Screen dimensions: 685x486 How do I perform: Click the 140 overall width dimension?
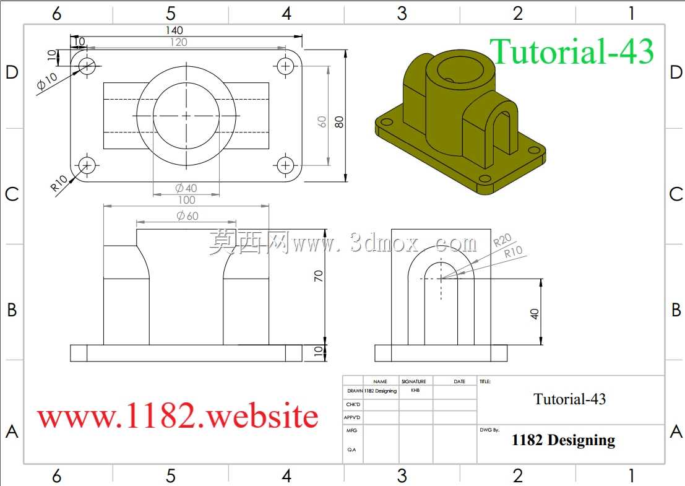(174, 30)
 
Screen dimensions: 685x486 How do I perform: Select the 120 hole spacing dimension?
(178, 42)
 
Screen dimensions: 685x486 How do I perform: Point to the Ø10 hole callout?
(47, 81)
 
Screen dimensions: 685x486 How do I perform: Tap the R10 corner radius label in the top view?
(59, 183)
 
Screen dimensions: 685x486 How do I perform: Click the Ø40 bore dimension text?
(186, 188)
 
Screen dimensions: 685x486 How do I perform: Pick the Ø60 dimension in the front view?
(187, 215)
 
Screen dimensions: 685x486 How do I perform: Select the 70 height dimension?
(319, 276)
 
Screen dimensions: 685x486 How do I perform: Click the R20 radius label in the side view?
(502, 240)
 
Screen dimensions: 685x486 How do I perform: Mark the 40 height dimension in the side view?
(534, 314)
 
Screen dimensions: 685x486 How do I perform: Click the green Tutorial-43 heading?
(571, 51)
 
